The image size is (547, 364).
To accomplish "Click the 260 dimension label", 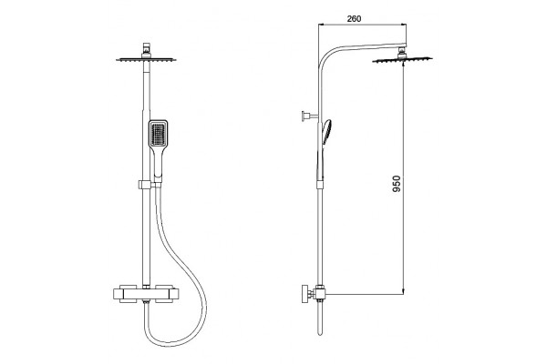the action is click(x=354, y=18).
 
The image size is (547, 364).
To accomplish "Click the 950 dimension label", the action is click(x=397, y=184).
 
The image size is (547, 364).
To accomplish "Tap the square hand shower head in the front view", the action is click(x=159, y=134).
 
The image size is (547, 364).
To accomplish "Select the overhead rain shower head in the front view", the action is click(x=146, y=60).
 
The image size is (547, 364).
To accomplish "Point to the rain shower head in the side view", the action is click(x=402, y=60).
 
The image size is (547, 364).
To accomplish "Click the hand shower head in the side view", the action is click(x=326, y=132).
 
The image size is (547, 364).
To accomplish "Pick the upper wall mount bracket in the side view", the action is click(x=310, y=116).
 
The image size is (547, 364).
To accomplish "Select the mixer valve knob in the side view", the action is click(x=306, y=294).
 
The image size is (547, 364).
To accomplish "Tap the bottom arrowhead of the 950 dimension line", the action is click(x=404, y=291).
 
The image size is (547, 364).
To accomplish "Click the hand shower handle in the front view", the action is click(x=158, y=164).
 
